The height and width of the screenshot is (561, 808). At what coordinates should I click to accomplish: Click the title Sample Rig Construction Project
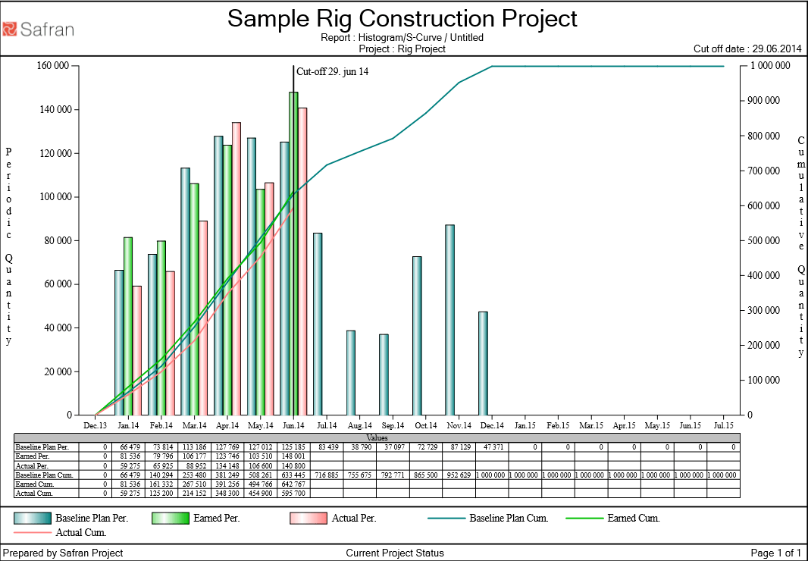[402, 18]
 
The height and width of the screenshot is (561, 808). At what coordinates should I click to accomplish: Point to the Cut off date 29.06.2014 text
[747, 49]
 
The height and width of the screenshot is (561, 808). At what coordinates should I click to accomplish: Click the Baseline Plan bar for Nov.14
[449, 320]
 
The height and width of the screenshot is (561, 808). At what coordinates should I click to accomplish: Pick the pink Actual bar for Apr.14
[236, 268]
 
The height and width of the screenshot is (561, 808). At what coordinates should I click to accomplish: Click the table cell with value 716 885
[327, 475]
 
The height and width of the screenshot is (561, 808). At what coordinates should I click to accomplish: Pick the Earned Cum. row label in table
[34, 484]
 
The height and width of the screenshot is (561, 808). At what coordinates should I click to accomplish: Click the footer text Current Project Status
[394, 553]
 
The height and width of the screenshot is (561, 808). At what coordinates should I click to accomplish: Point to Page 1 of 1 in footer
[775, 553]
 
